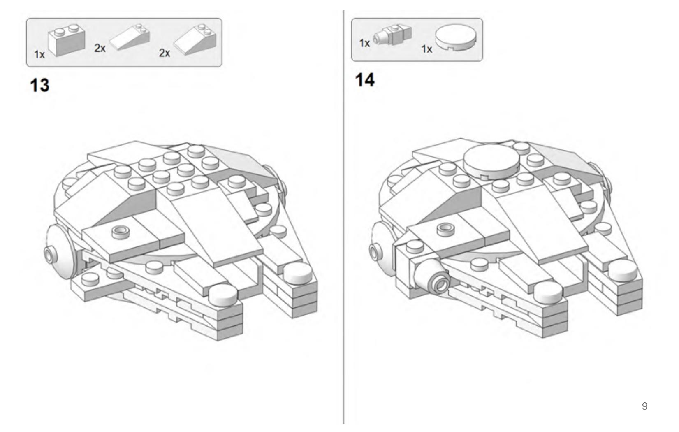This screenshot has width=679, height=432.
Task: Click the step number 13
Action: coord(40,85)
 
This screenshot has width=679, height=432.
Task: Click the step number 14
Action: coord(365,80)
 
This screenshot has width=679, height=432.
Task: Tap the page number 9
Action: coord(644,406)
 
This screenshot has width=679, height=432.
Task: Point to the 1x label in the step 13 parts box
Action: coord(39,54)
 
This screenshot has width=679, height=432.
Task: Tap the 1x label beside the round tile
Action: coord(426,49)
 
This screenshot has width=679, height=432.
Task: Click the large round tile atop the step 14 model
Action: coord(490,159)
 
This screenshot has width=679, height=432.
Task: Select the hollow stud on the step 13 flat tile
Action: coord(120,232)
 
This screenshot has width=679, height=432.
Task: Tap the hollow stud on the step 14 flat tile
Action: coord(445,227)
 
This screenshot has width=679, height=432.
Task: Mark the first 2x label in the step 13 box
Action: coord(100,49)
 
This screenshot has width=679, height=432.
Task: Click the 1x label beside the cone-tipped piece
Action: coord(364,43)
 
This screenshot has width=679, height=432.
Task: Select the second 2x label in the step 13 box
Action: coord(165,53)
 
